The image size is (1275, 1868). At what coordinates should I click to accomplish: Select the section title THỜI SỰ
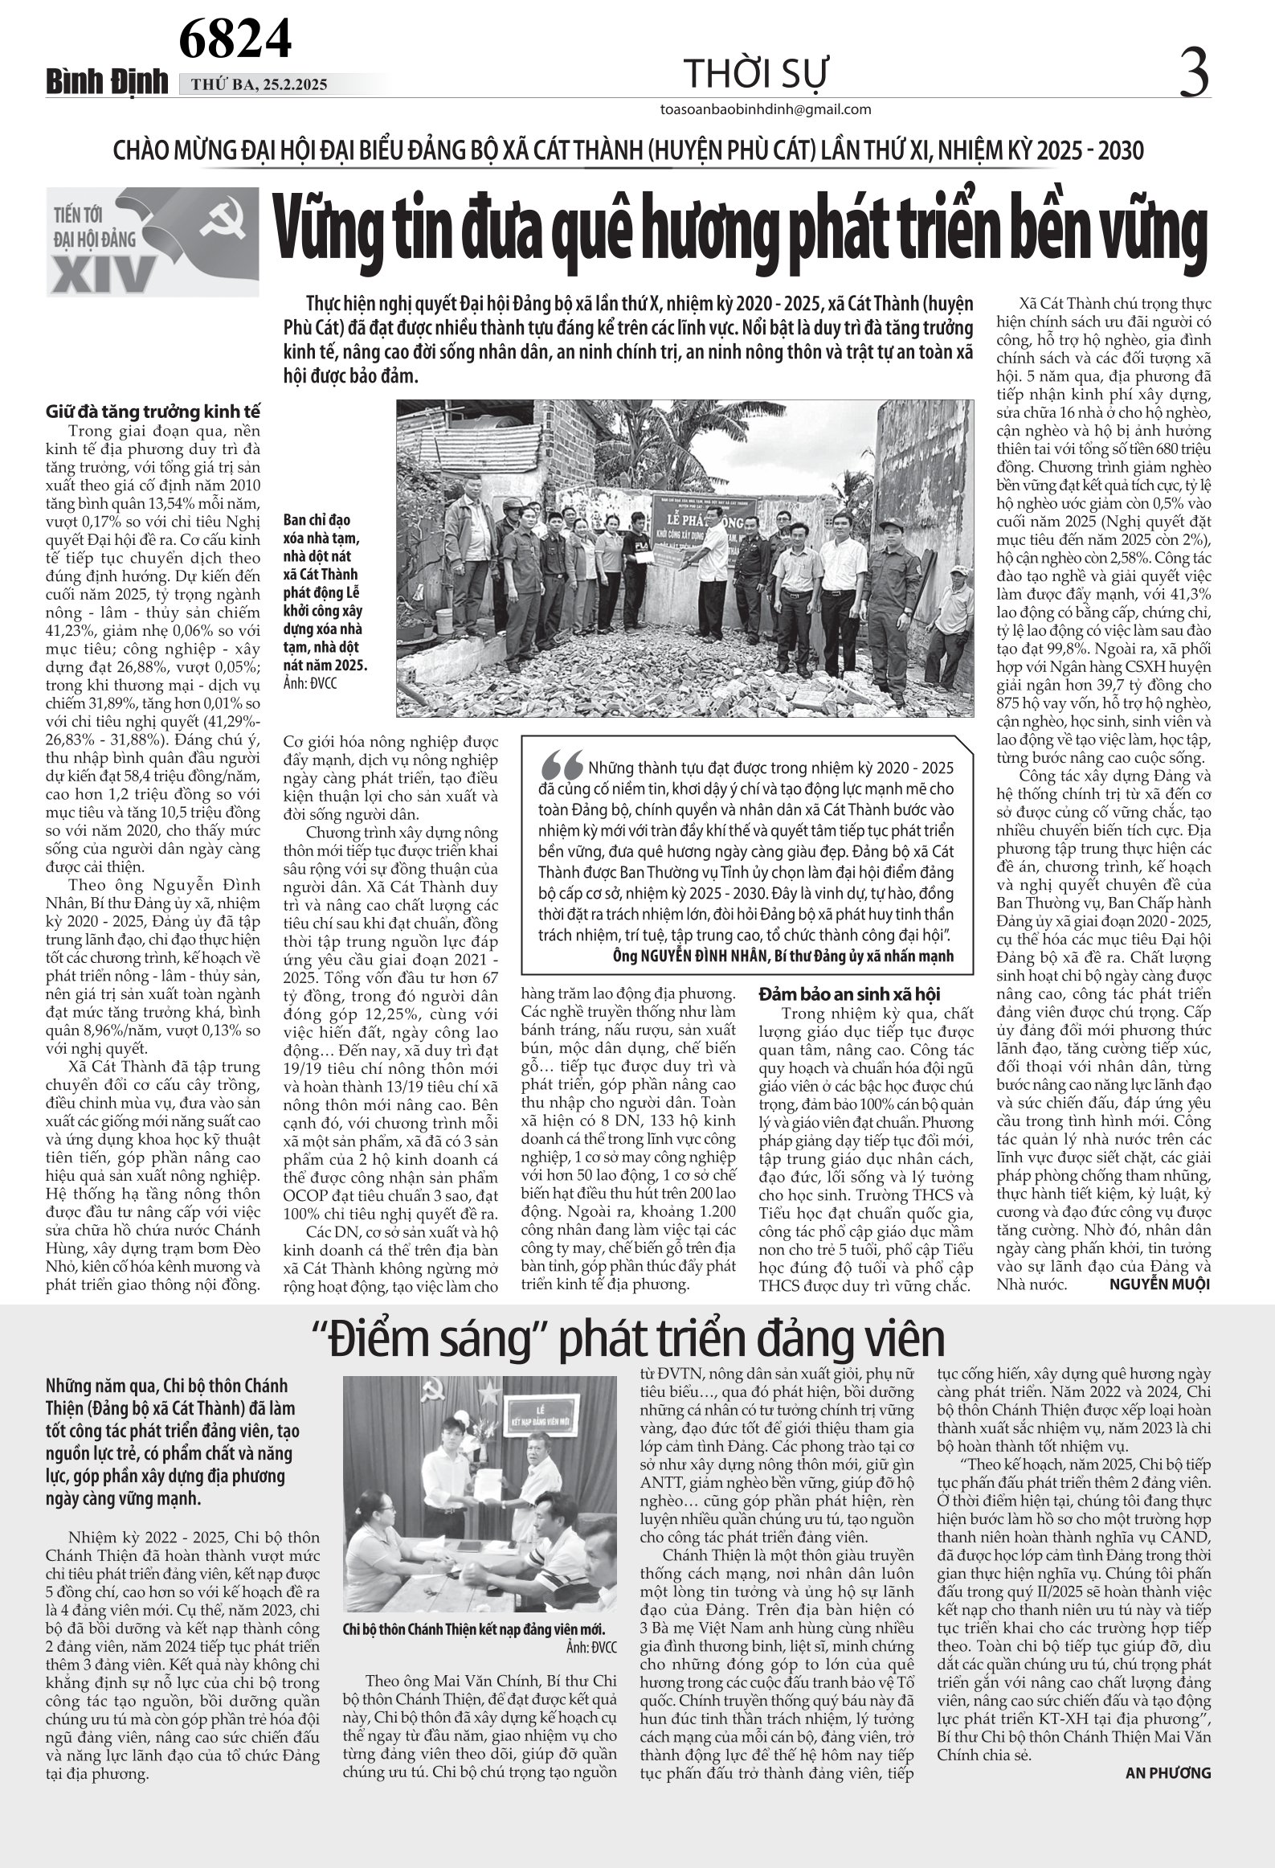click(754, 76)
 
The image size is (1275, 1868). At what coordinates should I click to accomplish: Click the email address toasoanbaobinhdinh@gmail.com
click(764, 109)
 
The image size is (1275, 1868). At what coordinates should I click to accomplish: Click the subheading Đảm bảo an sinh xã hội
click(849, 994)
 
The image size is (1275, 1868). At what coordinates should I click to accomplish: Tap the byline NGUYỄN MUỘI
click(1159, 1284)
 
